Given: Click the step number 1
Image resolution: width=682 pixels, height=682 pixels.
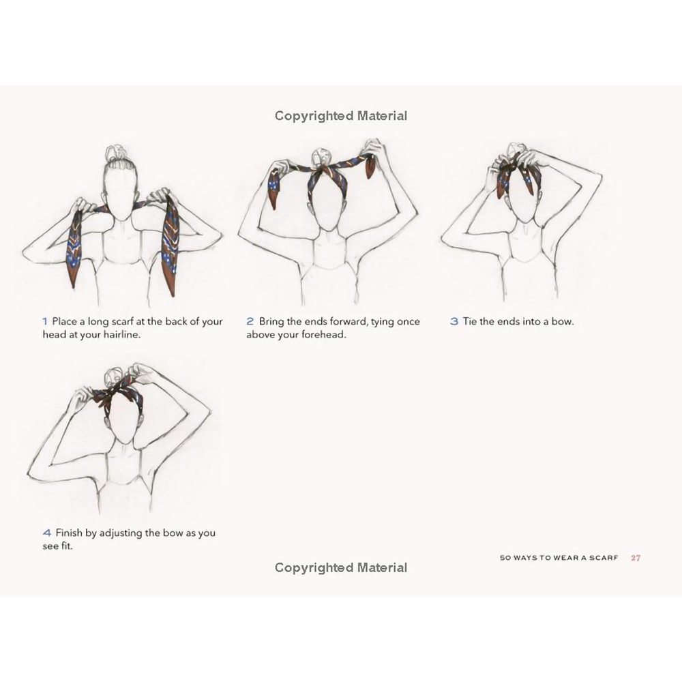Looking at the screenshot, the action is coord(45,321).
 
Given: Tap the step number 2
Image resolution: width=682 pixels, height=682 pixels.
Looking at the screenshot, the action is coord(250,321).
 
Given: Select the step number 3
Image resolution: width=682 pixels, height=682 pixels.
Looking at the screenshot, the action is coord(454,321).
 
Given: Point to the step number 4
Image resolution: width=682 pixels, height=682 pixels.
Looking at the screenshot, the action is coord(47,533).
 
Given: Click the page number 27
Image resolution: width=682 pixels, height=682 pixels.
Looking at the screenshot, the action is coord(636,558).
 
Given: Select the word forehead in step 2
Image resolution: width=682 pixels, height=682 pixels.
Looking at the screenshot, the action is coord(324,335).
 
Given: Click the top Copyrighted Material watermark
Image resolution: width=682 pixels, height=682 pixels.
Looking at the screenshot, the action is coord(341,116).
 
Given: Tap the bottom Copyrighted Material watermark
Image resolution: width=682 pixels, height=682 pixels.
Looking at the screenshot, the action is coord(341,567).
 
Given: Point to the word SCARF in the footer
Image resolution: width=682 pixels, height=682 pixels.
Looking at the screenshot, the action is coord(604,558).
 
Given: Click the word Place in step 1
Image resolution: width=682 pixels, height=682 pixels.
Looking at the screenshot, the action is coord(64,321).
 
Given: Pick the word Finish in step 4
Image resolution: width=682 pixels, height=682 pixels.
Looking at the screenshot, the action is coord(70,533).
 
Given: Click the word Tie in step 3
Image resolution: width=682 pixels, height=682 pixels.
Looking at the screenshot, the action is coord(470,321).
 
